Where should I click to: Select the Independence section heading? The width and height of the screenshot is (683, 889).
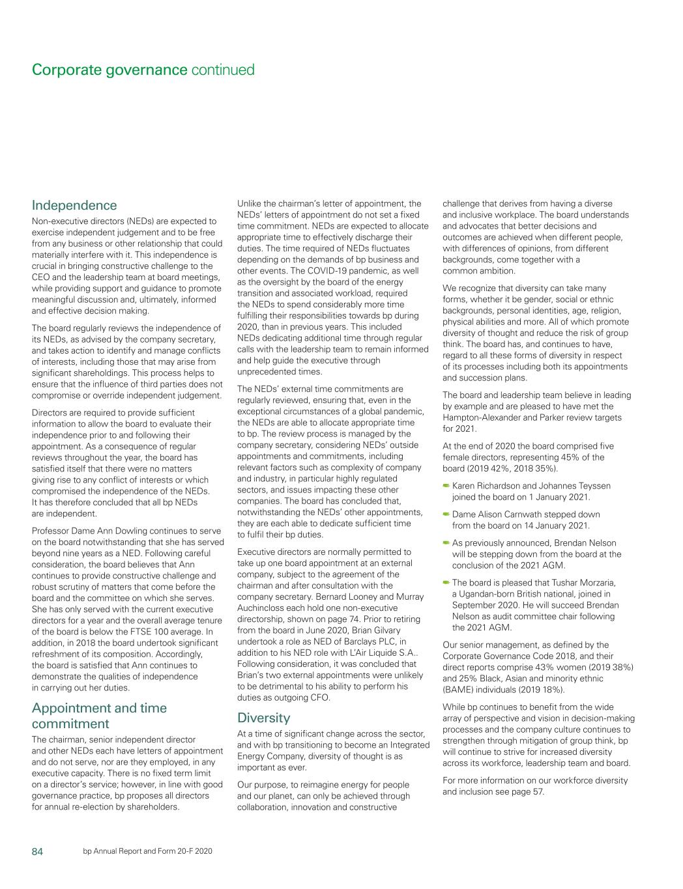74,205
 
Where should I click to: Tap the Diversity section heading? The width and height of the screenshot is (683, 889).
263,718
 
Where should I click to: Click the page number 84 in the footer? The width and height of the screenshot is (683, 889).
38,851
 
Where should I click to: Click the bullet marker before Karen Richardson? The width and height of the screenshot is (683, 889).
446,486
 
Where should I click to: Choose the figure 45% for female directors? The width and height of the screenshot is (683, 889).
562,457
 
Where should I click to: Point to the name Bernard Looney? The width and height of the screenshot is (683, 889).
349,597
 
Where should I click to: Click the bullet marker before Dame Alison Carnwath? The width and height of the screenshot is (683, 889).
446,515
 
